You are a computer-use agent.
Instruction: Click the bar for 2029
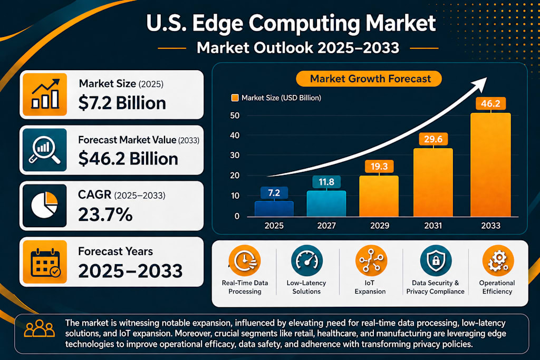(379, 196)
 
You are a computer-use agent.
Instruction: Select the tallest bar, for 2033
(490, 165)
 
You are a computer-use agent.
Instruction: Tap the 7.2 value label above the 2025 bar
(274, 193)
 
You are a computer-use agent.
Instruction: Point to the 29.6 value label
(433, 139)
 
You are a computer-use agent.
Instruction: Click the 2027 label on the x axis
(326, 226)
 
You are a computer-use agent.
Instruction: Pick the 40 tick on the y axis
(235, 135)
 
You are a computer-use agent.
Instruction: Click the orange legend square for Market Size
(235, 98)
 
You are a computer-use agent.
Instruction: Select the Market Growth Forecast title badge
(369, 79)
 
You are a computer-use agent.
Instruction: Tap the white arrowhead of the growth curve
(480, 84)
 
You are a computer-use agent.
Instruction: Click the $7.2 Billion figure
(122, 103)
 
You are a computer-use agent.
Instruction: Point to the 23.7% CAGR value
(105, 215)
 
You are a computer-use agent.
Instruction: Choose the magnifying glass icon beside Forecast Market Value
(44, 150)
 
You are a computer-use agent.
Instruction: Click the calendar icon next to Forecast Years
(45, 262)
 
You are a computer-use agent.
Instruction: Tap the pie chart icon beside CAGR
(44, 205)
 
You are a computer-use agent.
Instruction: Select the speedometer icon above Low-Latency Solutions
(306, 260)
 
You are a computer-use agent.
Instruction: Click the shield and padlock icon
(436, 260)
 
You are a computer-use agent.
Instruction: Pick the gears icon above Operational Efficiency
(498, 260)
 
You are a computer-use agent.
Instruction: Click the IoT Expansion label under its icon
(370, 287)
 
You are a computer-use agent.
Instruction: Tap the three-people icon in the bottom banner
(39, 328)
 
